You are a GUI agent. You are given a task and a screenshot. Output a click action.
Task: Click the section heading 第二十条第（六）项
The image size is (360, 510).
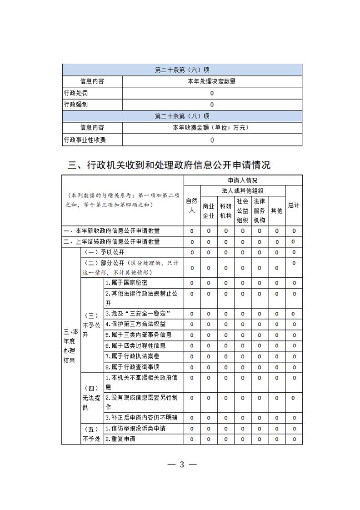point(182,70)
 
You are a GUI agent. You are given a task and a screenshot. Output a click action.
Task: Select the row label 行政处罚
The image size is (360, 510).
point(76,93)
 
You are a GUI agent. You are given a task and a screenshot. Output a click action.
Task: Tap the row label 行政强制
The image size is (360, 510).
point(76,105)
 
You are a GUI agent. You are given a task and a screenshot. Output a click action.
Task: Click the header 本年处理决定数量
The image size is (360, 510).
point(211,82)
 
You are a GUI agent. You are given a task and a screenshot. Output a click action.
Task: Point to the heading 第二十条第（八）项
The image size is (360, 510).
point(182,116)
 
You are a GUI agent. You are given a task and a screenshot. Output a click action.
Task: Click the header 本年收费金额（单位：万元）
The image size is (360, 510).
point(211,128)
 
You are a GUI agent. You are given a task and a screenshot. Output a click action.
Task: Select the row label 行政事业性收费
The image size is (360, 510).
point(85,140)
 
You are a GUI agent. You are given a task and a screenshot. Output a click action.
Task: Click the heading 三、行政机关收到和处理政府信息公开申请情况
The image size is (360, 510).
point(169,165)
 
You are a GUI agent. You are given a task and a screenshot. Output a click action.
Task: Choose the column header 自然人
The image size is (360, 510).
point(192,205)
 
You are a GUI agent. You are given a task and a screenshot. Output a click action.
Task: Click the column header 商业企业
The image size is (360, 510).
point(209,210)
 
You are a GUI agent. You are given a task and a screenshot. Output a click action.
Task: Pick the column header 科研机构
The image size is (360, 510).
point(225,210)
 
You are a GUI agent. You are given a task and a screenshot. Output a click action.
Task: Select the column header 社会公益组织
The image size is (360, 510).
point(242,210)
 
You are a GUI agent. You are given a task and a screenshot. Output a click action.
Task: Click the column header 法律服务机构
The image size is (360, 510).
point(260,210)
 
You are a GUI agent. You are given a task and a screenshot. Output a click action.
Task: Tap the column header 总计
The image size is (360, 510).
point(294,205)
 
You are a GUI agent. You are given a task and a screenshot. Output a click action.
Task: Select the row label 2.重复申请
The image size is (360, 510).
point(120,439)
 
